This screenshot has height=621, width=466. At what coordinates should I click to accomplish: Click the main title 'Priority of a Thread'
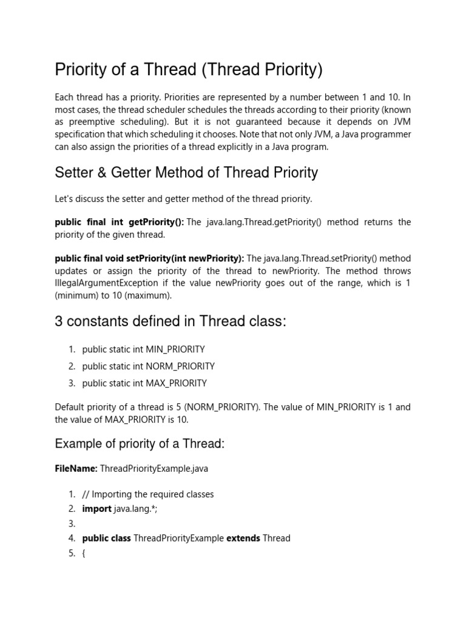pos(188,70)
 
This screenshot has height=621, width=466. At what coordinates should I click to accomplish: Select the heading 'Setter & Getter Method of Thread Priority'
pos(186,173)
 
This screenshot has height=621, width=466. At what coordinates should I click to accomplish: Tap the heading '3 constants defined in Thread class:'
pos(170,321)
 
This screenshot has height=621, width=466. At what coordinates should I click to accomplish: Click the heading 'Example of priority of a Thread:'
pos(140,444)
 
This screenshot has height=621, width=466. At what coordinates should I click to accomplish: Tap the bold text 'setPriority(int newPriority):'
pos(185,259)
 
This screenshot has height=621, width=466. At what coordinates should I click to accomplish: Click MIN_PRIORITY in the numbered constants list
pos(175,350)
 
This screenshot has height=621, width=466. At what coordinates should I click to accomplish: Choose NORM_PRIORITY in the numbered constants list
pos(180,366)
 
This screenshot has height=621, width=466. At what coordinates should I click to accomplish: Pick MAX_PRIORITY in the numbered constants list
pos(176,383)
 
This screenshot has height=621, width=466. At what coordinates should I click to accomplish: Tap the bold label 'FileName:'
pos(76,469)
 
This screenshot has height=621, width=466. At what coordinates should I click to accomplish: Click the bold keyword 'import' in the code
pos(97,509)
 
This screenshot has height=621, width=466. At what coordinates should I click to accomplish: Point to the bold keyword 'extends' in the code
pos(243,538)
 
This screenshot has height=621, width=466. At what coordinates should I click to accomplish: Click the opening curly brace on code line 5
pos(83,553)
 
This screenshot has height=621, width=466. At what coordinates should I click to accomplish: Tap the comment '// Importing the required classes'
pos(148,494)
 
